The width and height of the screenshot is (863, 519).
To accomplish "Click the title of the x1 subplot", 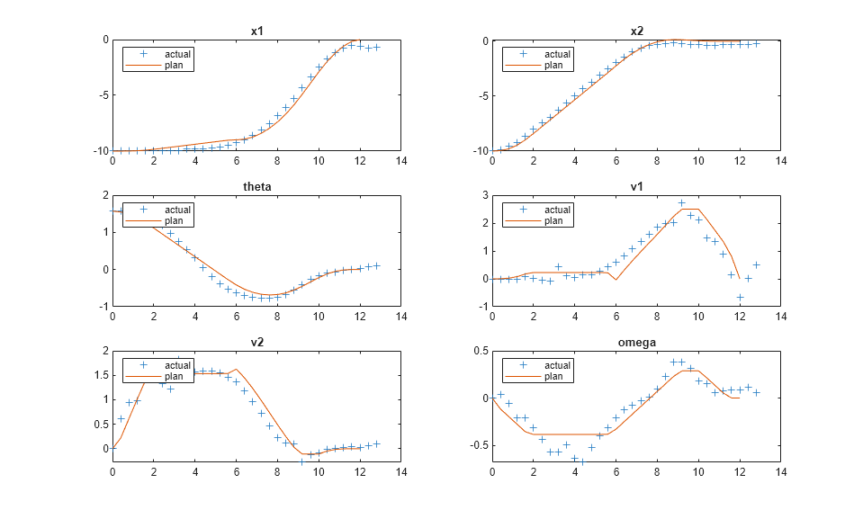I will point(256,31).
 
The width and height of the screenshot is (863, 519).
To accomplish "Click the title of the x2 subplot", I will point(636,31).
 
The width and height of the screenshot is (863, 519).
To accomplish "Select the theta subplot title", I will point(256,187).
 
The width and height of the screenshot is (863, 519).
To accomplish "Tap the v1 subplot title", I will point(636,187).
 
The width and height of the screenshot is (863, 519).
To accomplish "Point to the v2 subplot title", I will point(256,342).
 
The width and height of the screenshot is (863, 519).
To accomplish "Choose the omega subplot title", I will point(636,342).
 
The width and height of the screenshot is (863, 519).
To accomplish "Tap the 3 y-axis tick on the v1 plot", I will point(484,195).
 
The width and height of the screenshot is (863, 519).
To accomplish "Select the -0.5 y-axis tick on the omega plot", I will point(477,445).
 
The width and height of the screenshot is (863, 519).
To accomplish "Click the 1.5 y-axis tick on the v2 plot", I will point(101,375).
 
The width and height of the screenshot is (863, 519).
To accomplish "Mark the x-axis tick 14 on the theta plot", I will point(401,317).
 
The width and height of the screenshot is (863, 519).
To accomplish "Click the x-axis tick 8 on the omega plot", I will point(657,471).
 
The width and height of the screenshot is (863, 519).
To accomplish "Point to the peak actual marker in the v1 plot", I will point(681,203).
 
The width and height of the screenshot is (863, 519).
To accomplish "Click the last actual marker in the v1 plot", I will point(756,264).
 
